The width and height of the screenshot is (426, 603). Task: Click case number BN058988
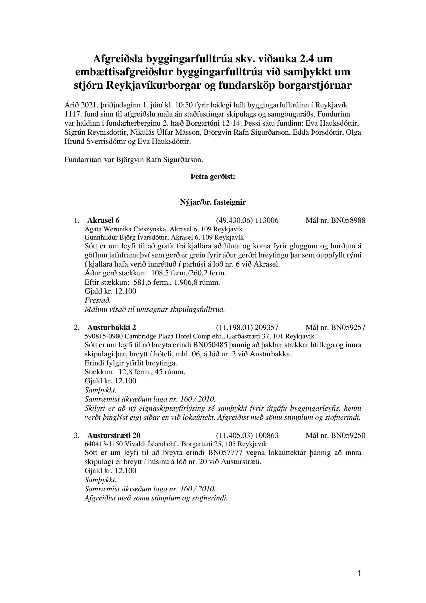click(348, 221)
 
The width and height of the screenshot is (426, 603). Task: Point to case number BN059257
click(348, 327)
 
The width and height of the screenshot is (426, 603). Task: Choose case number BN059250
click(348, 435)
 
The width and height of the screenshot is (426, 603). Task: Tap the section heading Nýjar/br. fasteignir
click(213, 202)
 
